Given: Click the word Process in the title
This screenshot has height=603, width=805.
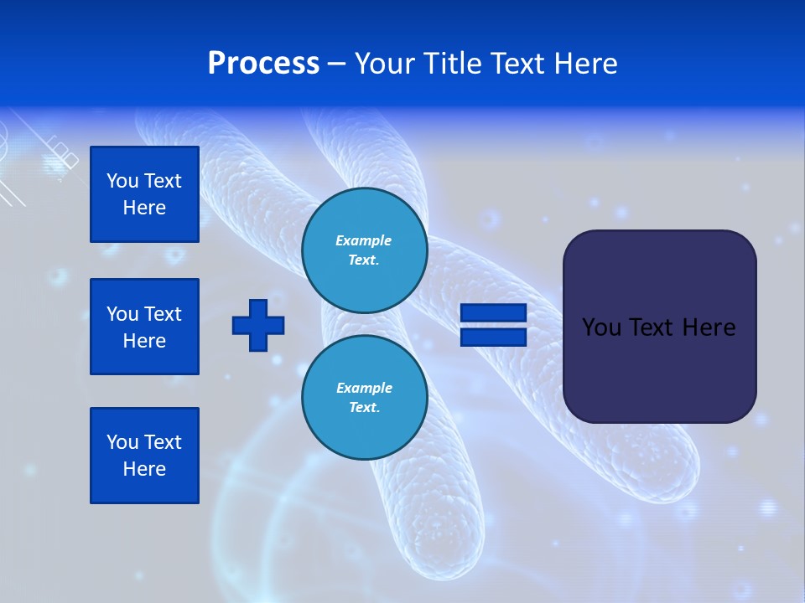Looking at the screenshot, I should (x=263, y=64).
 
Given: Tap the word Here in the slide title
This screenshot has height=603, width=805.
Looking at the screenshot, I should (x=584, y=64).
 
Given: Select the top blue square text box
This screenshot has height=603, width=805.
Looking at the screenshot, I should (x=144, y=194).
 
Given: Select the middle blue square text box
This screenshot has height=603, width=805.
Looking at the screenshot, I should (x=144, y=327).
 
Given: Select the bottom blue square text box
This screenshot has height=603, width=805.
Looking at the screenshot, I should (x=144, y=456).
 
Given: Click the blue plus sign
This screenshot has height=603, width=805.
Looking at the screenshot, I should (x=258, y=325).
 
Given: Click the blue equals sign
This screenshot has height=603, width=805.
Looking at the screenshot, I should (x=493, y=325).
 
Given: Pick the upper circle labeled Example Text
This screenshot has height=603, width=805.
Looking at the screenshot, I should (x=364, y=250).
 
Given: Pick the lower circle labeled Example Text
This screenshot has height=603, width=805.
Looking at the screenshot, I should (x=364, y=398).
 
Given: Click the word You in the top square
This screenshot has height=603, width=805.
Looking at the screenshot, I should (x=122, y=181).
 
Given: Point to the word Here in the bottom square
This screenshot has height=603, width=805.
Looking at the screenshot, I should (x=144, y=469).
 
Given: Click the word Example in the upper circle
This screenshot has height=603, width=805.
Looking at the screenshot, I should (x=364, y=240).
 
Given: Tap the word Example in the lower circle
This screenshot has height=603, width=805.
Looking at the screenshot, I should (x=364, y=388).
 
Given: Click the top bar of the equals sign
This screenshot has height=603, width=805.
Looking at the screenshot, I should (x=493, y=313).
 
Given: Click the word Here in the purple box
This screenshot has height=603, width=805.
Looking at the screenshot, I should (x=709, y=327).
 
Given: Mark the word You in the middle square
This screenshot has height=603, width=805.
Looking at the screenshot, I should (x=122, y=314).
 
